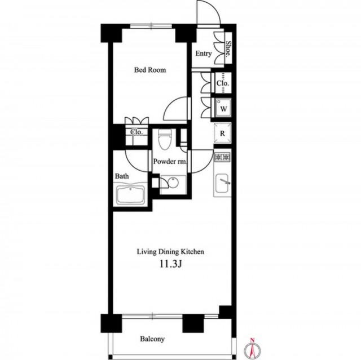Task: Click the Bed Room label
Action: (150, 70)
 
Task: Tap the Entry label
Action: (204, 54)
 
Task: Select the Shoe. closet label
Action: (228, 49)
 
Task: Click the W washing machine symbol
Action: (223, 108)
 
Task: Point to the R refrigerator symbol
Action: (222, 134)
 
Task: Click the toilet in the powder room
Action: (165, 140)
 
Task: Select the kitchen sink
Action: (222, 183)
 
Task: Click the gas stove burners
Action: (222, 157)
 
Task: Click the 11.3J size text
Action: (171, 265)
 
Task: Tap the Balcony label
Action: (152, 339)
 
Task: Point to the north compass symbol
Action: (253, 350)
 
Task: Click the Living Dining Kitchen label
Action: (170, 252)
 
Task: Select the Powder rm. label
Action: (170, 161)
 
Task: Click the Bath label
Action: (122, 176)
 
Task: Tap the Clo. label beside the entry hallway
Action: (223, 83)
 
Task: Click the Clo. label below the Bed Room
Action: (137, 132)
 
